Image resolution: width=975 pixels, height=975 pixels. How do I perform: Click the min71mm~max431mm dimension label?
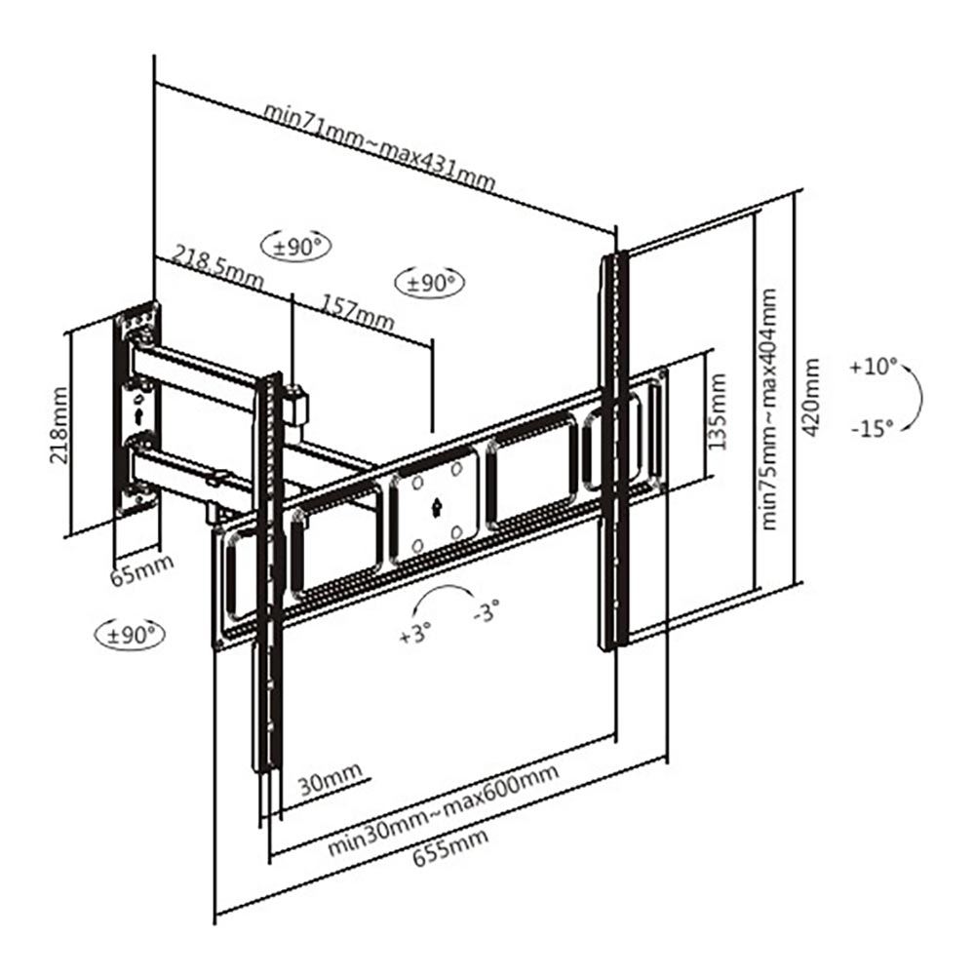coord(379,146)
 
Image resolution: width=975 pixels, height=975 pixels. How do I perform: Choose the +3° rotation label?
coord(413,633)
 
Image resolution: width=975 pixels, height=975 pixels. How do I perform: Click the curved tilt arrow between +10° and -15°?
coord(916,396)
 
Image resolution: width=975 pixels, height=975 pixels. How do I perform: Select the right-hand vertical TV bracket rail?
coord(613,448)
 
